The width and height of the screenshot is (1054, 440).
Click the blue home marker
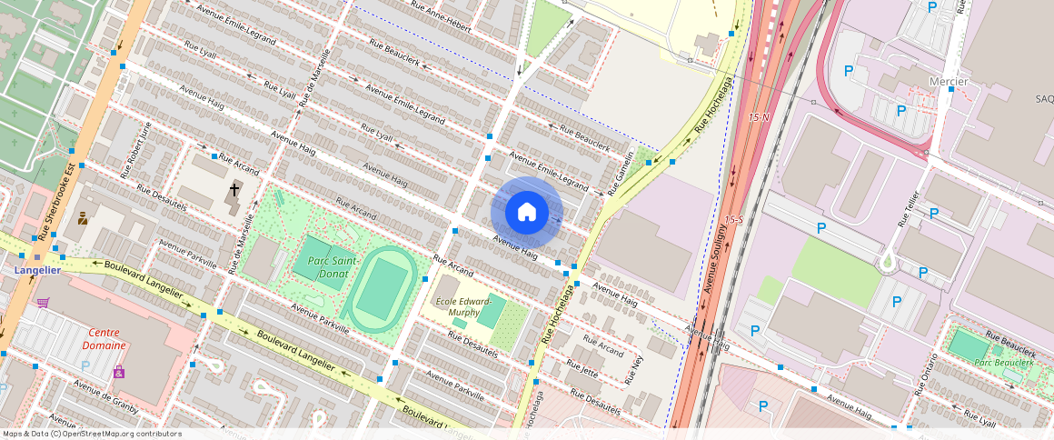[x=527, y=213]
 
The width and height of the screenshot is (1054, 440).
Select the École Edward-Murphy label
[x=463, y=306]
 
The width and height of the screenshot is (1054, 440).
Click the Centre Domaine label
[x=104, y=339]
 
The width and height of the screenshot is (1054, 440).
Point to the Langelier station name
[x=37, y=270]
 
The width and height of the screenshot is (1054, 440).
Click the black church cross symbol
[x=234, y=190]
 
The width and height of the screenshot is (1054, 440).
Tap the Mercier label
[x=949, y=81]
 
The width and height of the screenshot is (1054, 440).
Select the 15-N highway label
[x=759, y=117]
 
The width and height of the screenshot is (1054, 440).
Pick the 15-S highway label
[x=734, y=220]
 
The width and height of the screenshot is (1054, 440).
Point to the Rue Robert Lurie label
[x=136, y=149]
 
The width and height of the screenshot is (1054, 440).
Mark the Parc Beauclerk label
[x=1004, y=363]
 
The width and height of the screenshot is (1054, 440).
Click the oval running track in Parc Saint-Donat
[x=384, y=287]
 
